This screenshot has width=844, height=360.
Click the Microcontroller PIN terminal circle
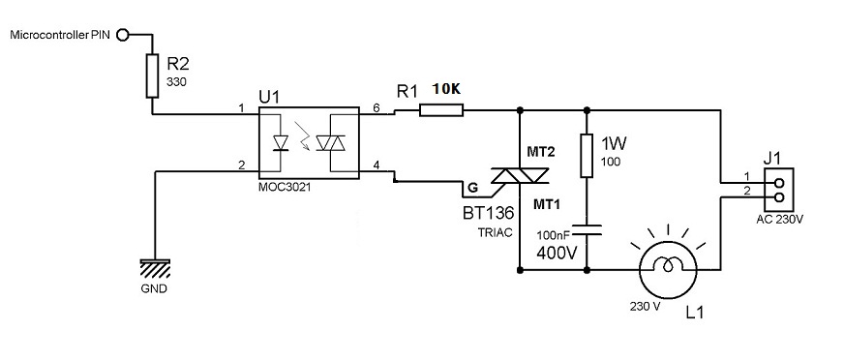[x=123, y=36]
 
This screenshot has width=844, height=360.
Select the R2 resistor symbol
[x=152, y=75]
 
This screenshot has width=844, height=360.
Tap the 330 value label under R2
[x=174, y=83]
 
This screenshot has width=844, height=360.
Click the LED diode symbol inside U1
[x=281, y=143]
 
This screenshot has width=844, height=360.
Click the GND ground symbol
[x=155, y=265]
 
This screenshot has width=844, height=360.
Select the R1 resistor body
[x=440, y=110]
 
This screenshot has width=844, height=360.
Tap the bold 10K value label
[x=446, y=90]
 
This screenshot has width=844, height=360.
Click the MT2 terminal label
[x=540, y=152]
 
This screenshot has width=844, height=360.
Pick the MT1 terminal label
[x=547, y=204]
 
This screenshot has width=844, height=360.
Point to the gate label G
[x=473, y=188]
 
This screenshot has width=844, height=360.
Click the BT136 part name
[x=488, y=214]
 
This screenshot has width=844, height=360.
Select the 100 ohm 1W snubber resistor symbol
[x=587, y=156]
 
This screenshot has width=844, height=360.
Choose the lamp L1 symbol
[x=668, y=267]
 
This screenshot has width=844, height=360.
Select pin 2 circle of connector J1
[x=778, y=196]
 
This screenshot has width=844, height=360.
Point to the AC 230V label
[x=779, y=219]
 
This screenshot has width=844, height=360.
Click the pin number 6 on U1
[x=377, y=107]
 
